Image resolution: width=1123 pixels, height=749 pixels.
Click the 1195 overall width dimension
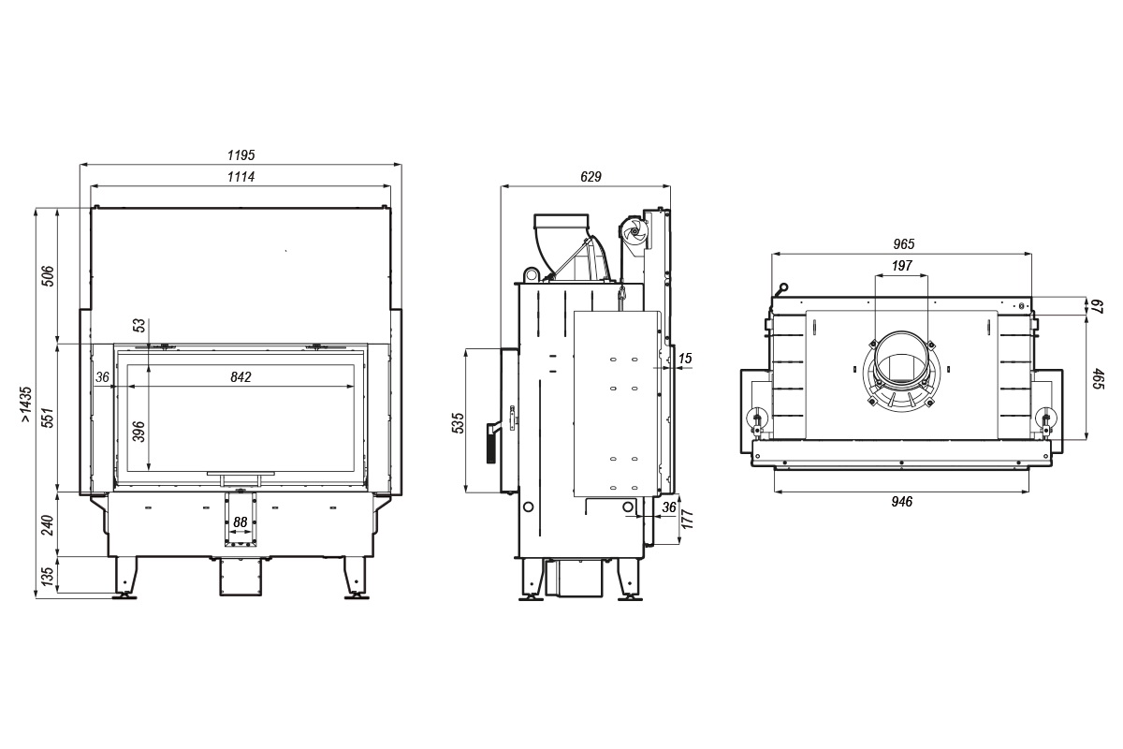pos(241,154)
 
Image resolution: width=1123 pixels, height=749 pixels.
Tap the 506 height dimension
pos(49,275)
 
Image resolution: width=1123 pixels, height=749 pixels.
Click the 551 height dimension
pos(49,417)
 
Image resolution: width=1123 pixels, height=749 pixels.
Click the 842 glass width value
pos(241,377)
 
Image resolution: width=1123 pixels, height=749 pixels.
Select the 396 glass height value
pos(139,432)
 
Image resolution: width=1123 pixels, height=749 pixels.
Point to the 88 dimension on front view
pos(241,521)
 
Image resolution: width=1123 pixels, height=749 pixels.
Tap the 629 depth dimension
pos(590,176)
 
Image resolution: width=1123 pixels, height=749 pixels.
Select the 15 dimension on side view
pos(686,359)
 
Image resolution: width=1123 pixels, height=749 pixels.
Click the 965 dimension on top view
pos(903,243)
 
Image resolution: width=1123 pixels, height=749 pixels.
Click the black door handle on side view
pos(489,444)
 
